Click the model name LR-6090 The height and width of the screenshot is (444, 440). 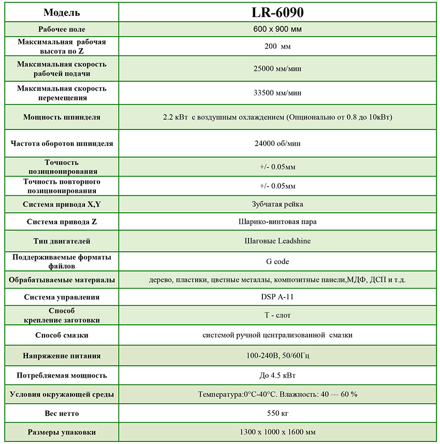pyautogui.click(x=277, y=12)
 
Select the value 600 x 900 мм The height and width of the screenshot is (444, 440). pyautogui.click(x=277, y=29)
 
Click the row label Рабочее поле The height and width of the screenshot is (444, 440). pyautogui.click(x=62, y=29)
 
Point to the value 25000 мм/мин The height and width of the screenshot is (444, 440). pyautogui.click(x=277, y=69)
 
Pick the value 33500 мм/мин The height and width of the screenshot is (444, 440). pyautogui.click(x=277, y=93)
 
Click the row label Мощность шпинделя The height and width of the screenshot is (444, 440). pyautogui.click(x=62, y=117)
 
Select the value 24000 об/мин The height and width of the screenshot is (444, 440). pyautogui.click(x=277, y=144)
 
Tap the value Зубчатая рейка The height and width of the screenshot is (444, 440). pyautogui.click(x=277, y=204)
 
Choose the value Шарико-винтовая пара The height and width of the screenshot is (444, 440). pyautogui.click(x=277, y=222)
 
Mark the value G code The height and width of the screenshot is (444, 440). pyautogui.click(x=277, y=262)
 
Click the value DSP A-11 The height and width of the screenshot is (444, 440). pyautogui.click(x=277, y=297)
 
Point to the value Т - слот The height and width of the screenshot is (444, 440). pyautogui.click(x=277, y=315)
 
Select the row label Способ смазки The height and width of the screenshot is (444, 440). pyautogui.click(x=62, y=335)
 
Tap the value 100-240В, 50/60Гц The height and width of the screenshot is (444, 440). pyautogui.click(x=277, y=356)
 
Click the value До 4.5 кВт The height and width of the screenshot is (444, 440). pyautogui.click(x=277, y=375)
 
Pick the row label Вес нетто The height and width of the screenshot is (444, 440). pyautogui.click(x=62, y=413)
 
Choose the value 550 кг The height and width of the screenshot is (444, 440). pyautogui.click(x=277, y=413)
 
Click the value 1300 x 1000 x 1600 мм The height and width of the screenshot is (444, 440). pyautogui.click(x=277, y=432)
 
